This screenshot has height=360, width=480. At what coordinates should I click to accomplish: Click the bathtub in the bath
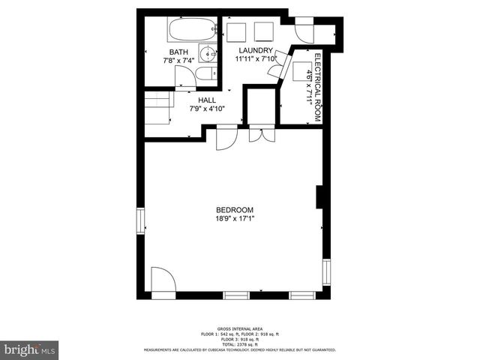pyautogui.click(x=190, y=31)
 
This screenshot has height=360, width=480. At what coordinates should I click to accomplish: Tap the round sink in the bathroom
pyautogui.click(x=208, y=53)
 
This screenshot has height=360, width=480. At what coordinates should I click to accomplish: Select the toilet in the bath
pyautogui.click(x=206, y=74)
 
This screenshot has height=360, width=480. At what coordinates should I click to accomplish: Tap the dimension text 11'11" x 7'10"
pyautogui.click(x=256, y=58)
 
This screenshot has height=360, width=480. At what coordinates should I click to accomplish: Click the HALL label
pyautogui.click(x=207, y=100)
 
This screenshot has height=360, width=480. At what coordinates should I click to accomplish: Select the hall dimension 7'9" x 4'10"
pyautogui.click(x=207, y=109)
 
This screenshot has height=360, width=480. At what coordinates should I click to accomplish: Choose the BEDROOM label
pyautogui.click(x=235, y=210)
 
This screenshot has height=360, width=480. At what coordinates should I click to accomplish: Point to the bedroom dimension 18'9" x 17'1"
pyautogui.click(x=235, y=219)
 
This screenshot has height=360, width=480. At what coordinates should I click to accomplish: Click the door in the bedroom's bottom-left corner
pyautogui.click(x=162, y=280)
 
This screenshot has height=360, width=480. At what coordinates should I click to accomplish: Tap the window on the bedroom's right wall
pyautogui.click(x=325, y=271)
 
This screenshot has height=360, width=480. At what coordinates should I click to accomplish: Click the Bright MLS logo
pyautogui.click(x=30, y=349)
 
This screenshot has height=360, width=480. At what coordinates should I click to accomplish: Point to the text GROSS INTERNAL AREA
pyautogui.click(x=239, y=329)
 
